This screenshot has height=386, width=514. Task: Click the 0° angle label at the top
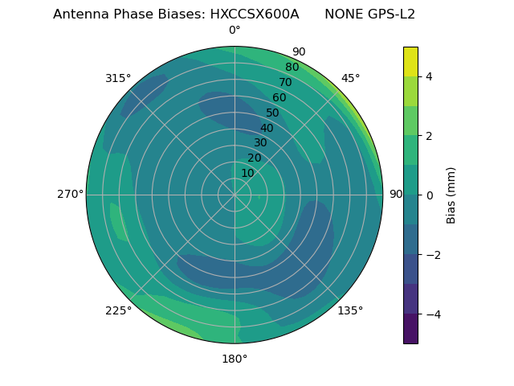235,31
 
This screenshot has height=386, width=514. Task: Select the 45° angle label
350,78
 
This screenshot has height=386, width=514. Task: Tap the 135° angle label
350,310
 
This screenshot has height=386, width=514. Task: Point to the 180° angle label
235,359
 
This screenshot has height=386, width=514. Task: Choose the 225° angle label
118,310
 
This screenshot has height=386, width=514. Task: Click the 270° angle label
70,195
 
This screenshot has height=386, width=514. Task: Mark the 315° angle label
118,78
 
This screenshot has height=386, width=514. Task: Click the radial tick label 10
247,174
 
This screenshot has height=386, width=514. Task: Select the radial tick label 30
260,143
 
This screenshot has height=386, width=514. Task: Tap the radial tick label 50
273,113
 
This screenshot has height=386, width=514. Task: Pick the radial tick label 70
285,83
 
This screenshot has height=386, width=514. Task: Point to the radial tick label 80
292,68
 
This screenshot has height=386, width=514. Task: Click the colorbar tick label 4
429,76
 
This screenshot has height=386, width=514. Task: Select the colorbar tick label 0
429,195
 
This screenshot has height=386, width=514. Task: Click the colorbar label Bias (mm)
451,195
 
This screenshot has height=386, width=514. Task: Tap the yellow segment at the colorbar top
410,61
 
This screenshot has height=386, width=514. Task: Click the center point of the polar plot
235,195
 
